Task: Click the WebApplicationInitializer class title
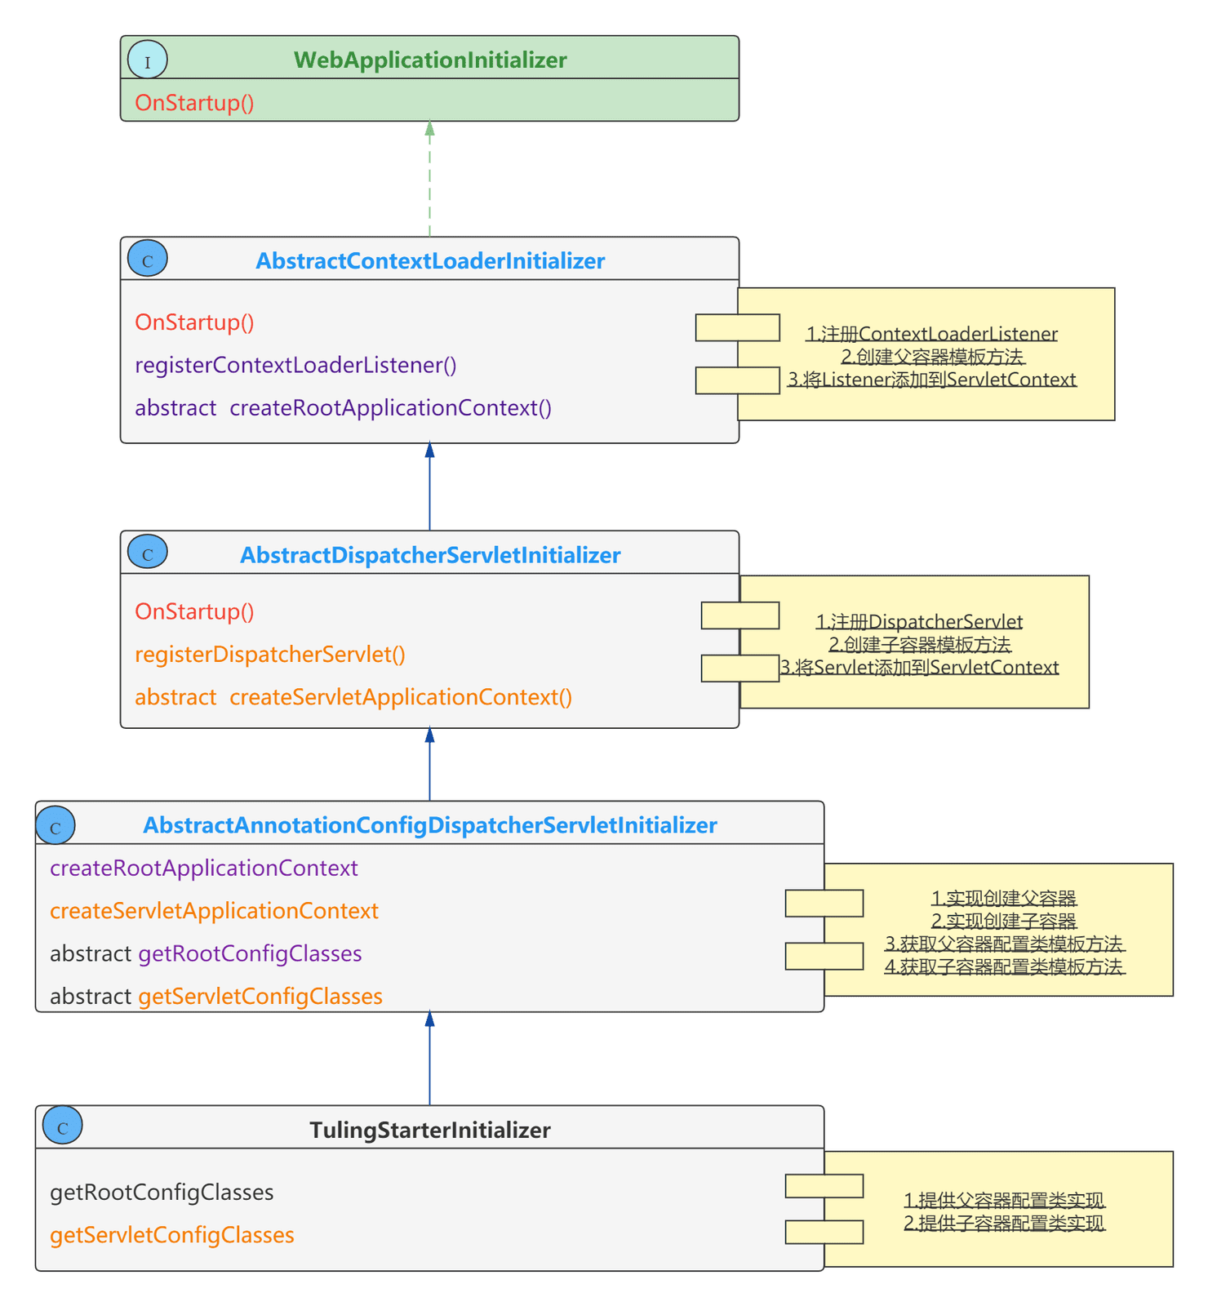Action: [430, 60]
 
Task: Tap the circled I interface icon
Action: [148, 60]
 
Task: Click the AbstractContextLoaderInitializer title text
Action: [430, 261]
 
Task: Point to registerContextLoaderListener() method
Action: [295, 365]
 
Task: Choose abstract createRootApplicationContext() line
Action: [343, 407]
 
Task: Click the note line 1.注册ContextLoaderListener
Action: [932, 334]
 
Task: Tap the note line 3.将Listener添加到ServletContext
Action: [932, 380]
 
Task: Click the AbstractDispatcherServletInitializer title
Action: [430, 555]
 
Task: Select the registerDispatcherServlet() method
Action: [270, 654]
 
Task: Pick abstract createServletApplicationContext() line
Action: [353, 697]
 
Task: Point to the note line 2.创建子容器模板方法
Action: [920, 645]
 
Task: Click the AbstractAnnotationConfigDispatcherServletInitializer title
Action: [430, 825]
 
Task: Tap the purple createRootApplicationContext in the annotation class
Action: [204, 868]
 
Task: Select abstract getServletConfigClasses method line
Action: [216, 996]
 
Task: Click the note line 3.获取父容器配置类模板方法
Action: [1005, 944]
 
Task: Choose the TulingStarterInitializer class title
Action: [430, 1130]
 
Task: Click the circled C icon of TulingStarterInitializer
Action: [63, 1126]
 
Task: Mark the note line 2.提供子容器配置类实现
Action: [1005, 1224]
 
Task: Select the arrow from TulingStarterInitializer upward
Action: [429, 1059]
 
